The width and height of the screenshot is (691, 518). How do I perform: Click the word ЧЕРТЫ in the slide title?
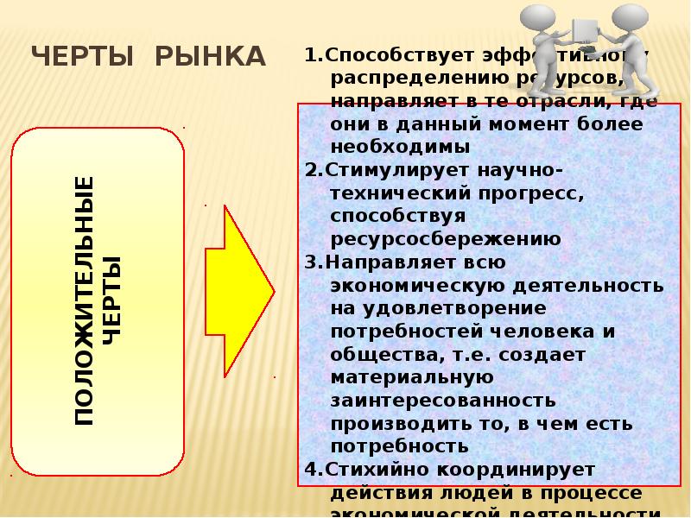pyautogui.click(x=83, y=57)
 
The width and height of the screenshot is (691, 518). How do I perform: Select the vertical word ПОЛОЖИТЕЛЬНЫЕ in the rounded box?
pyautogui.click(x=84, y=300)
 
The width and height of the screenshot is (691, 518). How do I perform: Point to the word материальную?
pyautogui.click(x=411, y=377)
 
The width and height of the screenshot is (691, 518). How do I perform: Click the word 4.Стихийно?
pyautogui.click(x=365, y=471)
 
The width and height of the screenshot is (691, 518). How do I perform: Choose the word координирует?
pyautogui.click(x=510, y=471)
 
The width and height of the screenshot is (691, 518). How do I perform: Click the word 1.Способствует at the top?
pyautogui.click(x=388, y=56)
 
